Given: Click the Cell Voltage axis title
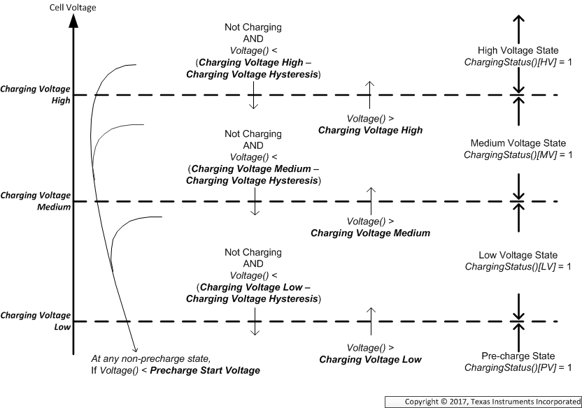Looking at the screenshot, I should [x=73, y=8].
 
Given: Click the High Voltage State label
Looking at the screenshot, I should [x=518, y=51].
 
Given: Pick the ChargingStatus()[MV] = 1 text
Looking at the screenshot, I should [x=518, y=154].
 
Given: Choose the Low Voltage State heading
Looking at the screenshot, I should [x=518, y=255].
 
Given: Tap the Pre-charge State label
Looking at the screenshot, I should [x=518, y=355].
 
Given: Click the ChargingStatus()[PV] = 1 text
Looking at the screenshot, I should [x=518, y=367].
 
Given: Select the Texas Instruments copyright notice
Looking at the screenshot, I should [x=492, y=401].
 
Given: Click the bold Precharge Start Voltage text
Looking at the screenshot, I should [x=205, y=370].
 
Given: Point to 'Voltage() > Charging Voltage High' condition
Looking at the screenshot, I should [x=370, y=124].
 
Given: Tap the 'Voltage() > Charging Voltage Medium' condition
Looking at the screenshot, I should [x=370, y=227].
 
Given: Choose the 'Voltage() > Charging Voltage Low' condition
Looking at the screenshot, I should [x=370, y=354].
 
